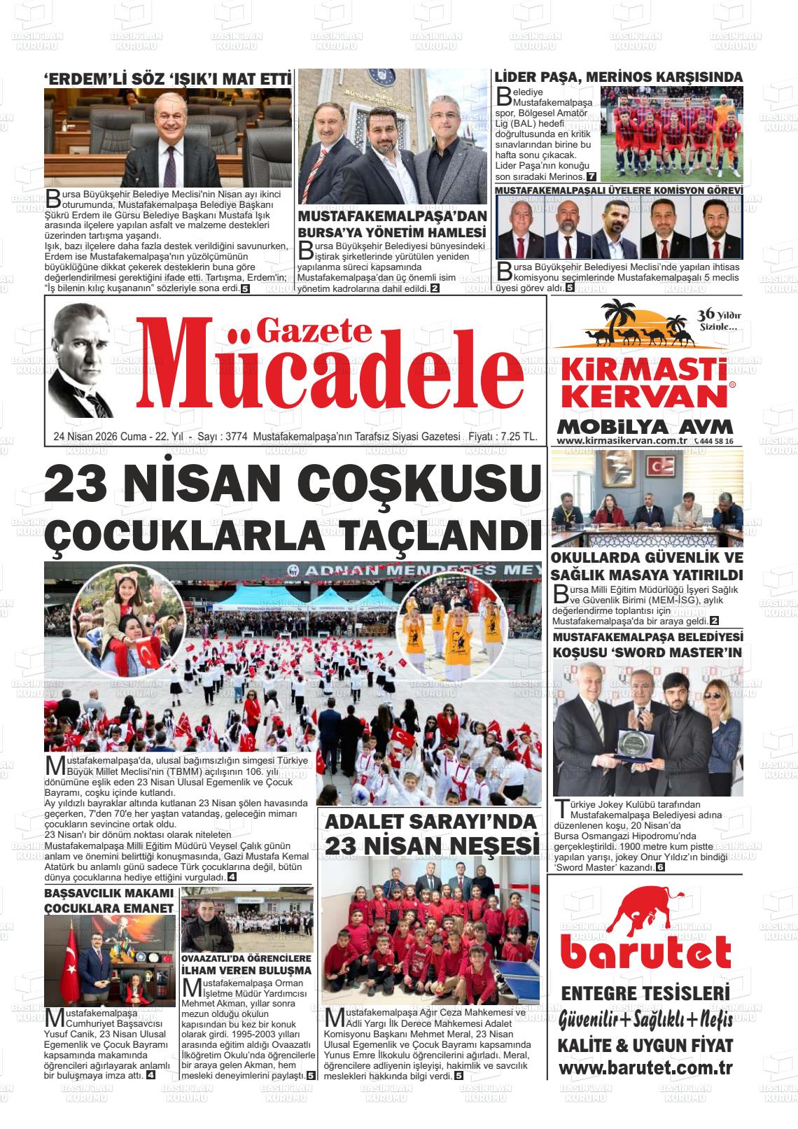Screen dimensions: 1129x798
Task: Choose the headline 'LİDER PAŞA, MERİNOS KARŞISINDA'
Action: point(618,77)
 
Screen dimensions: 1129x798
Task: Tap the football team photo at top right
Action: point(670,134)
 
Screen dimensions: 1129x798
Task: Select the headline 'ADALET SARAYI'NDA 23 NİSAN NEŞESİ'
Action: point(430,834)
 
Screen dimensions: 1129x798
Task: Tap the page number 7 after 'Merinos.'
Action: point(591,176)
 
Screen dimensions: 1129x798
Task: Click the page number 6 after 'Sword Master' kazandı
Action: point(659,868)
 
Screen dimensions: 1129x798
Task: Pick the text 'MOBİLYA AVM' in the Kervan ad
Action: point(645,426)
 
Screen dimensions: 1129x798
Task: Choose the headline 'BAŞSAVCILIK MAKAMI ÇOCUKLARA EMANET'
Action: point(108,901)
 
